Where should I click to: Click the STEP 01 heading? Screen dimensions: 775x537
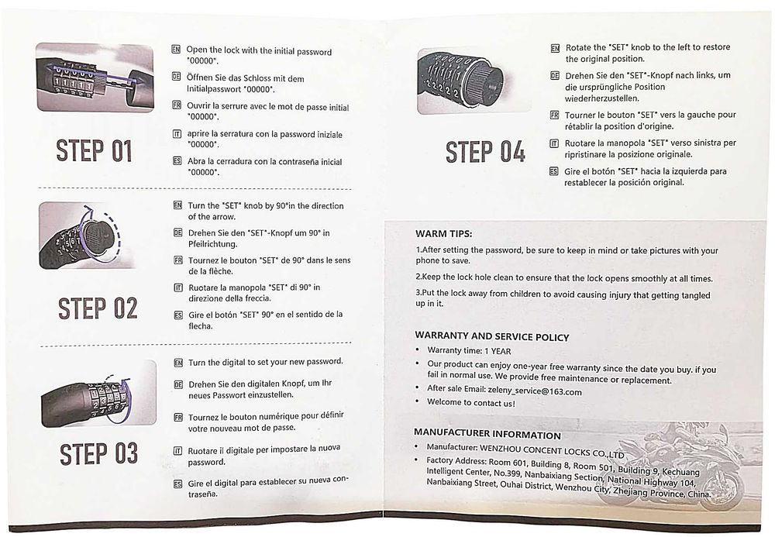tap(94, 150)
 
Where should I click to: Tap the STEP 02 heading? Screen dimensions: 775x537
tap(98, 308)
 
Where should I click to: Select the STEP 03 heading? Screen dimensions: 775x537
tap(98, 454)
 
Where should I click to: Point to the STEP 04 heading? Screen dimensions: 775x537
tap(485, 152)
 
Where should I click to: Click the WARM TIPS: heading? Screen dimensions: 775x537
tap(443, 234)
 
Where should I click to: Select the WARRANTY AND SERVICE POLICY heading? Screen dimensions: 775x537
tap(492, 336)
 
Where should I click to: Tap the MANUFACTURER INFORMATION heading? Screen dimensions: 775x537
tap(487, 434)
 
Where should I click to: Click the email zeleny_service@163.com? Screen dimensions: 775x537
tap(534, 391)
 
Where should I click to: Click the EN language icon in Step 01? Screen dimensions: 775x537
tap(176, 49)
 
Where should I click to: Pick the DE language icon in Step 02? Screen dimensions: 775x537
tap(178, 232)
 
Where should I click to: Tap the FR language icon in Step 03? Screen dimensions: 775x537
tap(178, 417)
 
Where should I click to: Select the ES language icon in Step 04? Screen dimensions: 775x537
tap(553, 171)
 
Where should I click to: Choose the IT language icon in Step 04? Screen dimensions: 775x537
tap(554, 143)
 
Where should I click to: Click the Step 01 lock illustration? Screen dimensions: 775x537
tap(95, 77)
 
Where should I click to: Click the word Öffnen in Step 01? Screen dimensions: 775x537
tap(200, 77)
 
